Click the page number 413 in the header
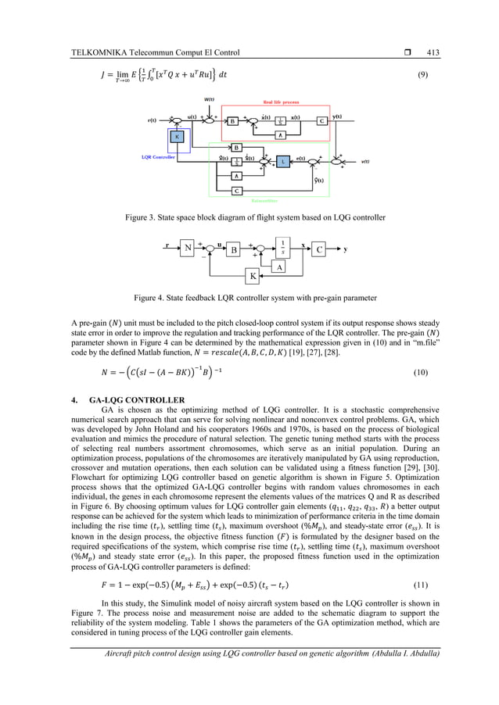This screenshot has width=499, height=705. point(432,52)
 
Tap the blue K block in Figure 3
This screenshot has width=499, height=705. point(178,136)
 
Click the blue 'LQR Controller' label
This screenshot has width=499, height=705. point(157,156)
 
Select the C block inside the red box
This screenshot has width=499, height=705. point(321,121)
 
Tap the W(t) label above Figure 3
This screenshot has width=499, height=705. point(209,99)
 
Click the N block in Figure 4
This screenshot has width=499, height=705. point(187,249)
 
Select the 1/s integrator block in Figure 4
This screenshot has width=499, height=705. point(282,247)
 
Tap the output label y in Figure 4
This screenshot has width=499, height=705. point(344,249)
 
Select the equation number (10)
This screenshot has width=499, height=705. point(421,372)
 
